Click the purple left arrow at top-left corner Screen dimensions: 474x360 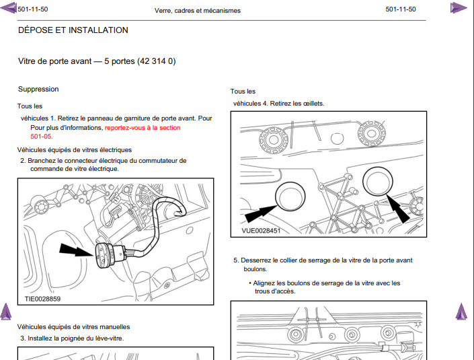[9, 7]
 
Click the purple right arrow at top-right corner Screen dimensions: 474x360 [459, 7]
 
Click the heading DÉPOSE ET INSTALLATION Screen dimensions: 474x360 [73, 30]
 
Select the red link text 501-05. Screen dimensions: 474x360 [42, 137]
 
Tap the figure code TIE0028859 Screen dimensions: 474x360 [42, 299]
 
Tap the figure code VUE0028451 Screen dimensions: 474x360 [261, 231]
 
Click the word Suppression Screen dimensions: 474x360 [38, 89]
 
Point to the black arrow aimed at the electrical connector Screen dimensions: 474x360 [77, 250]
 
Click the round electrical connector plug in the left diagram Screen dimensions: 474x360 [104, 256]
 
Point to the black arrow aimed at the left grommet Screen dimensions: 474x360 [261, 213]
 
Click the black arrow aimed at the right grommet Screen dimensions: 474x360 [398, 209]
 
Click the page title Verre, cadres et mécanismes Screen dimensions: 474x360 [198, 11]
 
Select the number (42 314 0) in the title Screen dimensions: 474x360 [157, 61]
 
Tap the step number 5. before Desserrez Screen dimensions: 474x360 [237, 260]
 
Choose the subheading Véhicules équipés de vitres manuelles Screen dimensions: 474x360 [73, 327]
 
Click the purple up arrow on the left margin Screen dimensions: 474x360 [6, 312]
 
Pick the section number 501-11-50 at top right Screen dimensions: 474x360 [401, 9]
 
